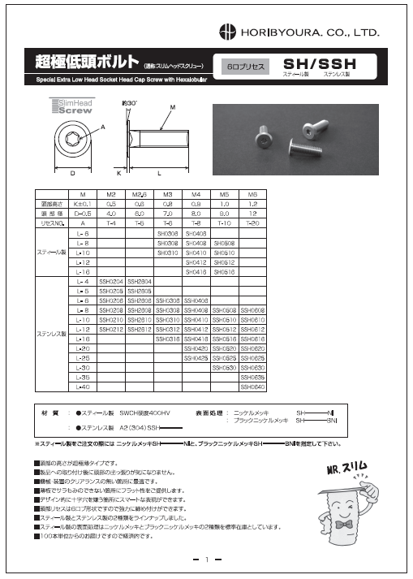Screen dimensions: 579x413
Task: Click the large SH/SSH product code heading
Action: [x=319, y=63]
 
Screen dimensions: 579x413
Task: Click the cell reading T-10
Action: [x=224, y=222]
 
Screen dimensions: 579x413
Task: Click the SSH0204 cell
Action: [x=111, y=282]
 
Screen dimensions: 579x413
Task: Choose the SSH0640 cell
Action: [x=252, y=387]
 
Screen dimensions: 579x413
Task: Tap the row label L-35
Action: [x=83, y=378]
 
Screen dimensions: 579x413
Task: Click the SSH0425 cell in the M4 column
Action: [x=196, y=356]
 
